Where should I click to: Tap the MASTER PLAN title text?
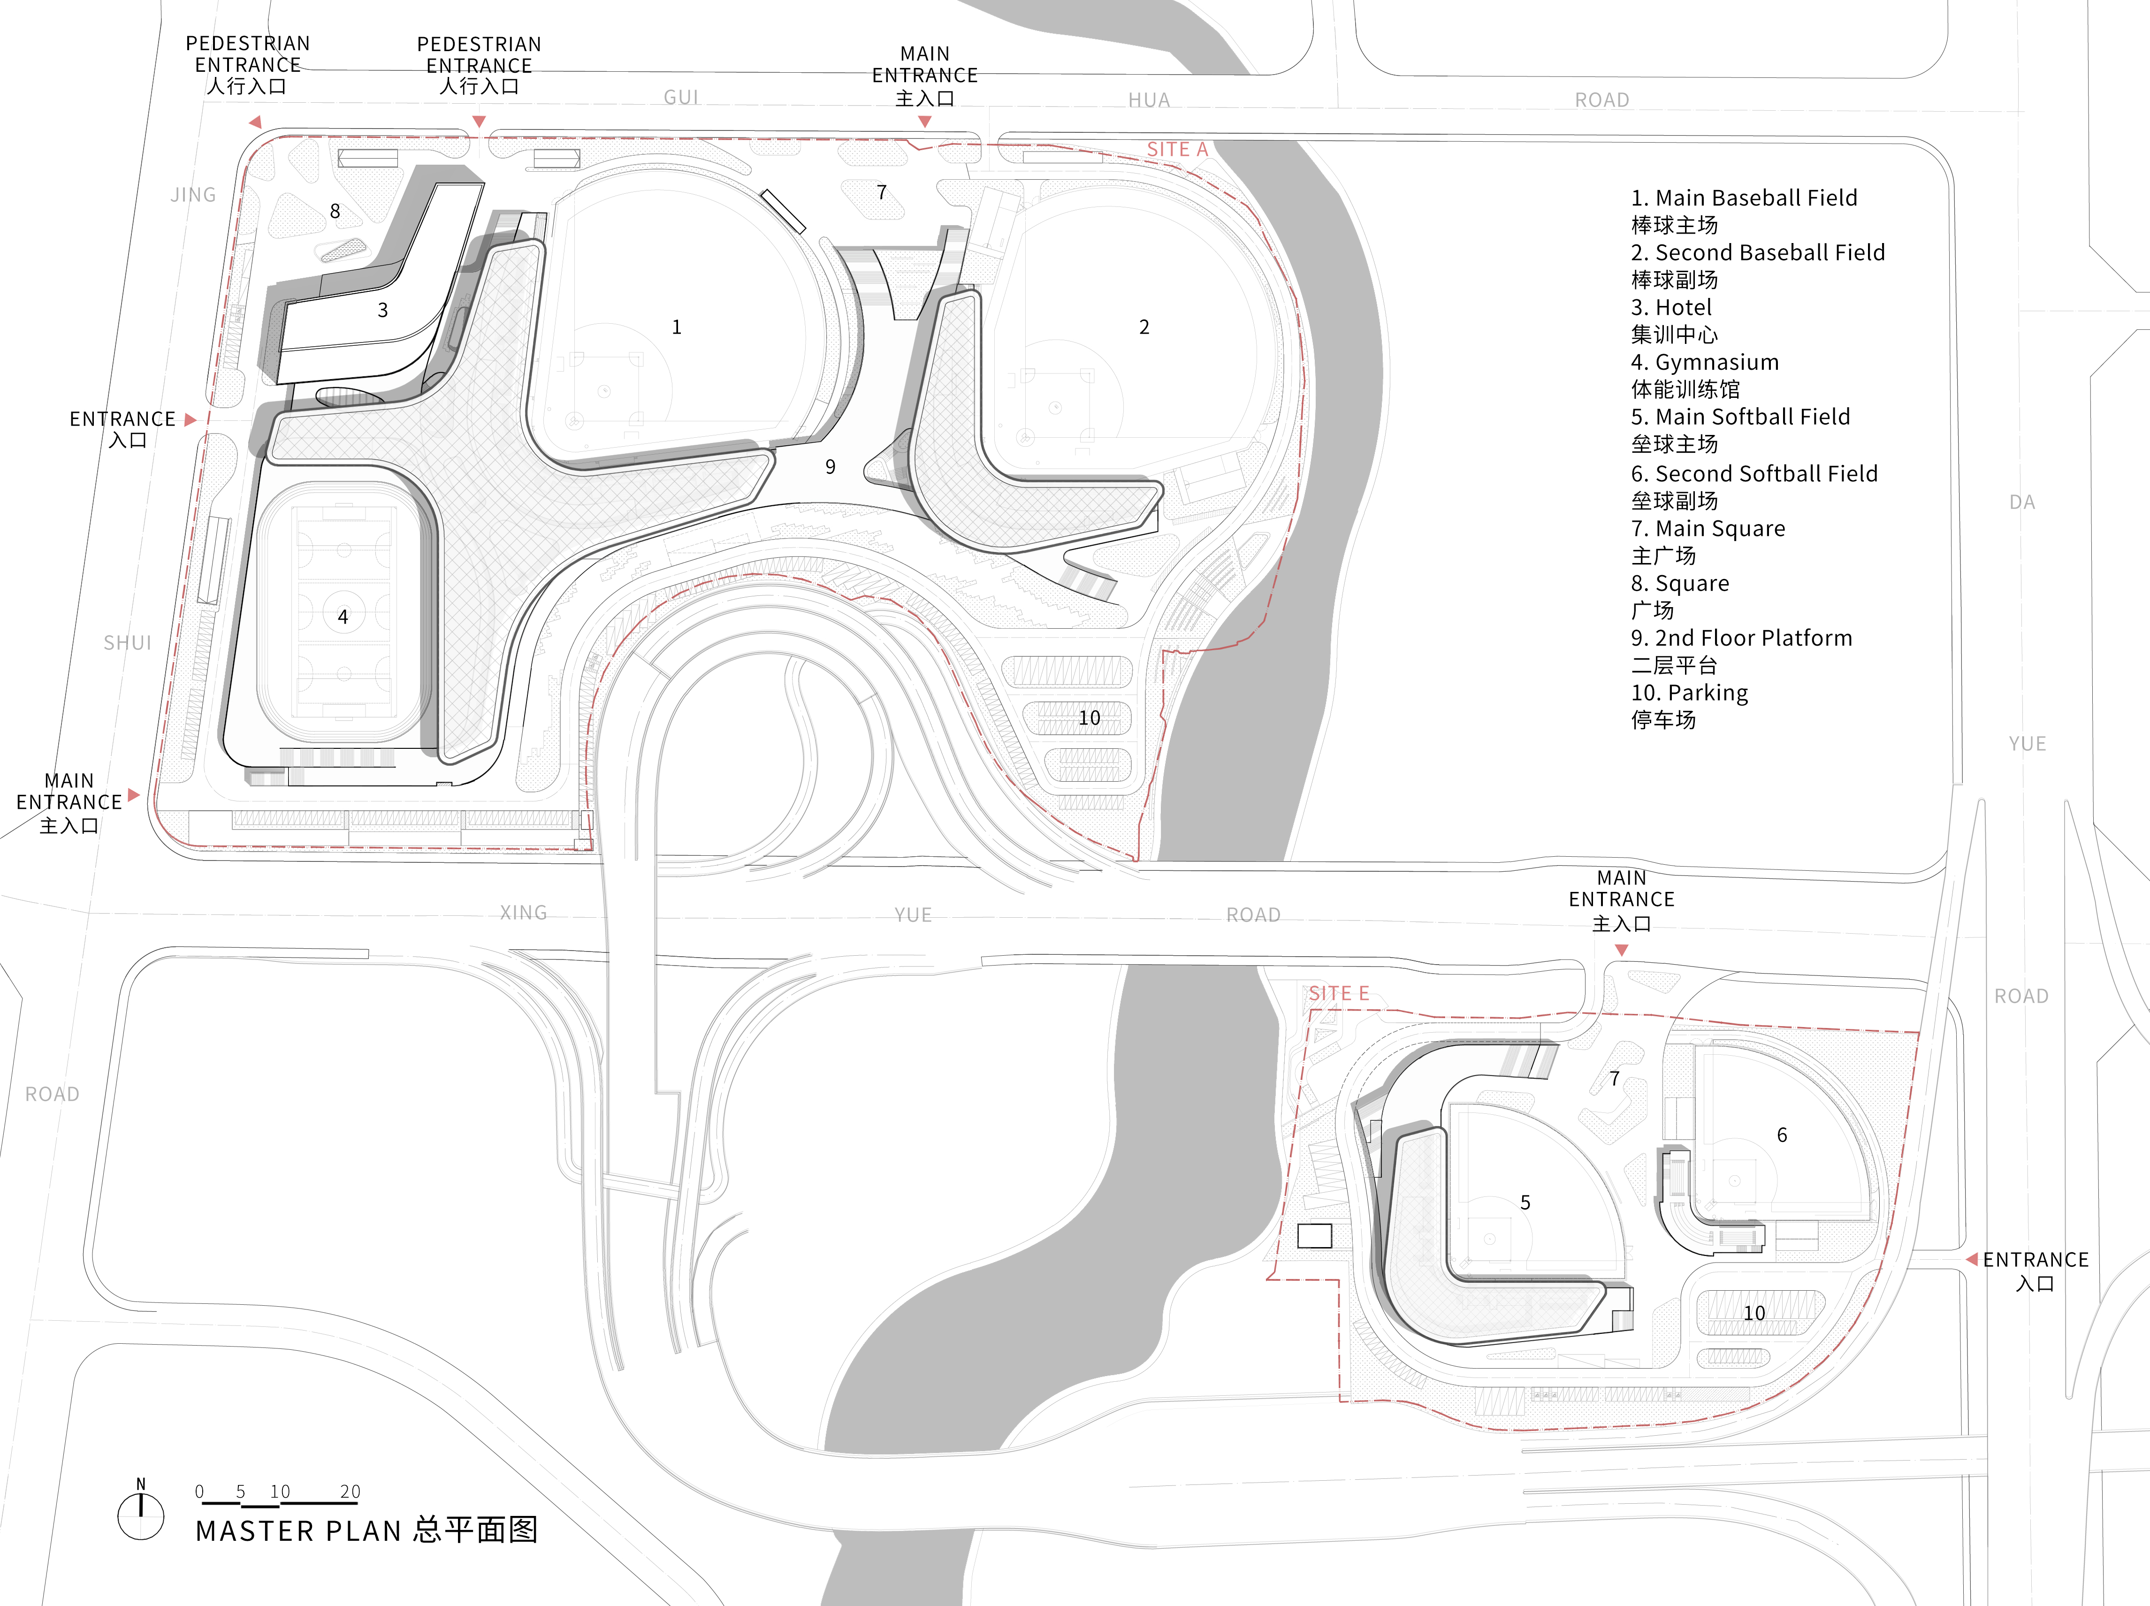pos(366,1530)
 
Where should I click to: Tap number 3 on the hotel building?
pos(383,310)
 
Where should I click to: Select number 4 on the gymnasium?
pos(342,617)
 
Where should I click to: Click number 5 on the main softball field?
pos(1525,1203)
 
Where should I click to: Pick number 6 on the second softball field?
pos(1782,1134)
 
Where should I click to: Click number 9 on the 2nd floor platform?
pos(830,467)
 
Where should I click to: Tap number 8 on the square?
pos(335,211)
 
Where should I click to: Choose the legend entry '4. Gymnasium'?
pos(1705,363)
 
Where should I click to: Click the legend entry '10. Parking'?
pos(1689,693)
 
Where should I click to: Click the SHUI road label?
pos(127,643)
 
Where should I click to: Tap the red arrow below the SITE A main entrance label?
pos(924,122)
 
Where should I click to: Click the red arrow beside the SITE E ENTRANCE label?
pos(1971,1259)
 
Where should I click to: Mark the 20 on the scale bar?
pos(350,1491)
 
